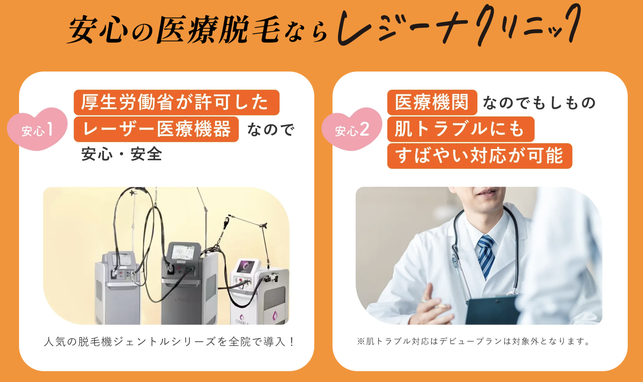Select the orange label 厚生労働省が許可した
177,102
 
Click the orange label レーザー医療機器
156,129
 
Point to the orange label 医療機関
432,102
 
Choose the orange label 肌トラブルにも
461,129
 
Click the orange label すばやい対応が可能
480,156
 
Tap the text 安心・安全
122,154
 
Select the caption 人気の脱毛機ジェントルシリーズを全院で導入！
169,342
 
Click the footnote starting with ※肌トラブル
474,341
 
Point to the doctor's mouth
485,193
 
